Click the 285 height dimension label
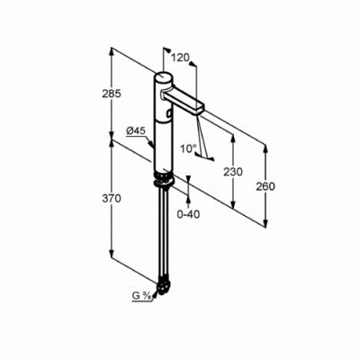(x=112, y=94)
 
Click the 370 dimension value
(x=112, y=198)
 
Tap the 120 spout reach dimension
(x=180, y=57)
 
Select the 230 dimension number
(x=233, y=172)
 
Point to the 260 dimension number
(x=265, y=186)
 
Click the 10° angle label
(x=189, y=148)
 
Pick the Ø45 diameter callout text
(x=136, y=130)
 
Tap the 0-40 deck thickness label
(x=188, y=214)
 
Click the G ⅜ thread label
(x=141, y=296)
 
